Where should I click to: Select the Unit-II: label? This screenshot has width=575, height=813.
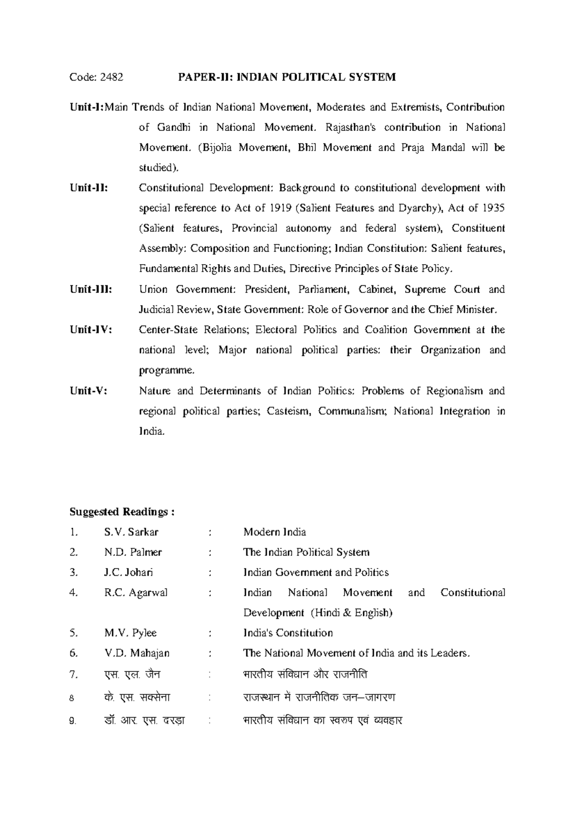[89, 188]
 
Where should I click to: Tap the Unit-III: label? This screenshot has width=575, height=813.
[91, 290]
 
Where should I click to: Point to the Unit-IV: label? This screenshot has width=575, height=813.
[91, 330]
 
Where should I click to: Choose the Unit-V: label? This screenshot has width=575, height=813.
[88, 391]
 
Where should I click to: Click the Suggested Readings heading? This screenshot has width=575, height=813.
[122, 512]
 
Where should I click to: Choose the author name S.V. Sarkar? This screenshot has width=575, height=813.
[131, 532]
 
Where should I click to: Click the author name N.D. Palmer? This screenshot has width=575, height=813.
[133, 552]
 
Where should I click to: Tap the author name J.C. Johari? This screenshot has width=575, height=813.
[128, 572]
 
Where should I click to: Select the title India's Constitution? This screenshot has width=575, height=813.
[287, 633]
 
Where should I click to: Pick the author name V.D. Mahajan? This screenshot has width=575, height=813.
[137, 653]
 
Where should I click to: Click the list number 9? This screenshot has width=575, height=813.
[73, 721]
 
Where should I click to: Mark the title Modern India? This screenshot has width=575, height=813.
[275, 532]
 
